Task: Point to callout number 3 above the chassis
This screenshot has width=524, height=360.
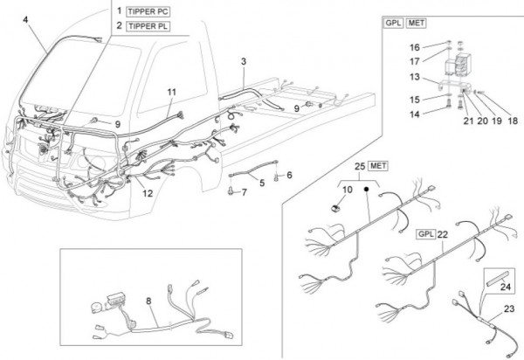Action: [244, 62]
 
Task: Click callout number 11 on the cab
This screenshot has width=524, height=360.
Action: [171, 92]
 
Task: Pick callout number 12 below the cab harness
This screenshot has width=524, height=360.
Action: [148, 193]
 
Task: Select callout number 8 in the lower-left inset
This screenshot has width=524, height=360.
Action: [149, 300]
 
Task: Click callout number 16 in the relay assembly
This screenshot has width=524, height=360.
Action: [417, 46]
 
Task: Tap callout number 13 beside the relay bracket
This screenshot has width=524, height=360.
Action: [417, 77]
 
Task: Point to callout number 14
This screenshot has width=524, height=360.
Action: [417, 114]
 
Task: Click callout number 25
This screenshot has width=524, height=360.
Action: [359, 166]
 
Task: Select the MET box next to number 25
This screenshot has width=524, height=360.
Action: [380, 165]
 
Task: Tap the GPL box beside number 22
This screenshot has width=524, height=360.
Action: [425, 234]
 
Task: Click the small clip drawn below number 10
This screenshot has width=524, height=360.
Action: [336, 209]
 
